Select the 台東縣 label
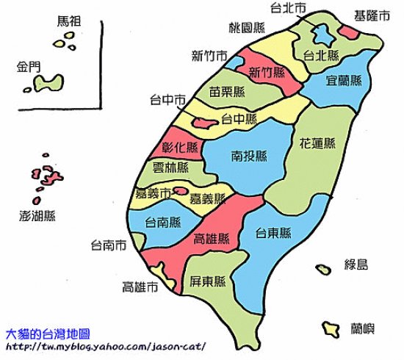(x=274, y=234)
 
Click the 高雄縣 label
(x=211, y=239)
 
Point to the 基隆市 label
(x=371, y=14)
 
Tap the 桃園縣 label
(x=247, y=29)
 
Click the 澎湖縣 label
(x=38, y=216)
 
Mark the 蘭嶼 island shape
(x=329, y=327)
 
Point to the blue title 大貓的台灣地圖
(x=52, y=334)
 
